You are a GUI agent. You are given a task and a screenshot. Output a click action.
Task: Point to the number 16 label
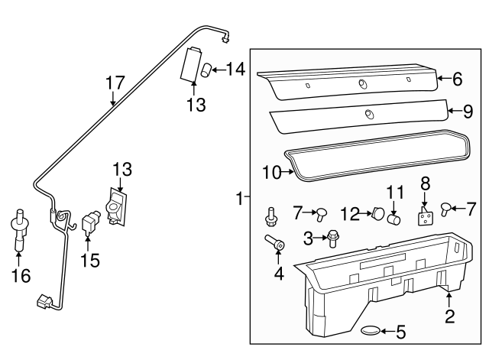[21, 276]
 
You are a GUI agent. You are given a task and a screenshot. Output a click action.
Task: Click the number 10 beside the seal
[272, 173]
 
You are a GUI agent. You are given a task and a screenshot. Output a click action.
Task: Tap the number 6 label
[457, 79]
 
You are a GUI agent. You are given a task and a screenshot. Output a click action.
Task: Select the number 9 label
[468, 112]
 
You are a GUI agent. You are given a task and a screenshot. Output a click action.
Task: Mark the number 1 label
[240, 199]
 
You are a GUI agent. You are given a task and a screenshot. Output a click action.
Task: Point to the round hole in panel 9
[368, 115]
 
